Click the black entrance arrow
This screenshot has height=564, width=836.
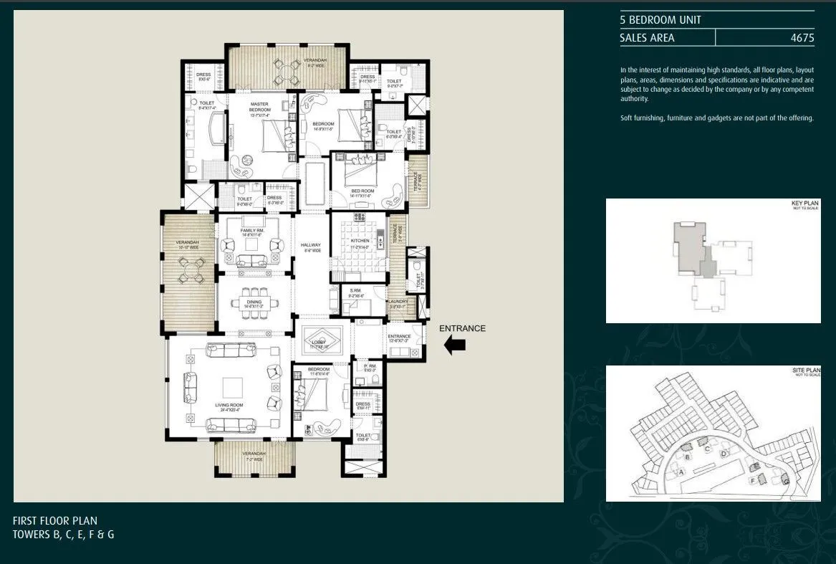(x=455, y=345)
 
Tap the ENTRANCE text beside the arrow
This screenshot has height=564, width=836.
(x=462, y=329)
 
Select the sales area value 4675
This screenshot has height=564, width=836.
(x=802, y=38)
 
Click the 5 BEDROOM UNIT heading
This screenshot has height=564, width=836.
(x=660, y=20)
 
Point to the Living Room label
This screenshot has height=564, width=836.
(x=229, y=406)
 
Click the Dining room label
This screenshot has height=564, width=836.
(x=254, y=303)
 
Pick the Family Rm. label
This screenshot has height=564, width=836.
(x=253, y=231)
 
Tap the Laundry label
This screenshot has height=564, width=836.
(x=398, y=302)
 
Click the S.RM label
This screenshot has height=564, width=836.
(x=355, y=292)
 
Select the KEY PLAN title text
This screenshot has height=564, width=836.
(x=804, y=204)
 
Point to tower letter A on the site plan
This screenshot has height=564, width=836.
(x=681, y=472)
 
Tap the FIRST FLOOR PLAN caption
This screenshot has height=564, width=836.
(x=55, y=521)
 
